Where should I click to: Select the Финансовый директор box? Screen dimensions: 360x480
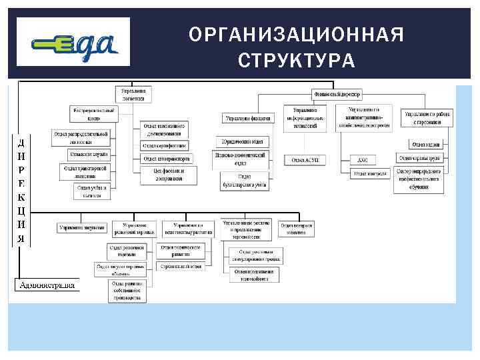click(x=337, y=95)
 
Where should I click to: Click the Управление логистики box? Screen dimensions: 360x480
click(x=135, y=94)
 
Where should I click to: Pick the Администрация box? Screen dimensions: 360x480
click(x=47, y=285)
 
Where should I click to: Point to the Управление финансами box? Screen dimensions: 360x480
click(x=247, y=118)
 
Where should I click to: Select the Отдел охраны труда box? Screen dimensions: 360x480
click(x=423, y=158)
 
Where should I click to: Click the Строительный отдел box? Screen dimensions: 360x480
click(x=180, y=265)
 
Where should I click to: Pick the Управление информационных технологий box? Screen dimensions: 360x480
click(x=305, y=115)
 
